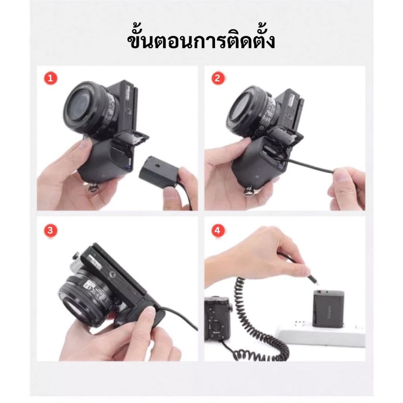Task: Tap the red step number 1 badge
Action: [51, 78]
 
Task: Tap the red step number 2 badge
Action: [218, 78]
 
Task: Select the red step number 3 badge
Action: [50, 230]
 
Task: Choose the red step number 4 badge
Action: [218, 230]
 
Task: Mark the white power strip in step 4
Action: [321, 334]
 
